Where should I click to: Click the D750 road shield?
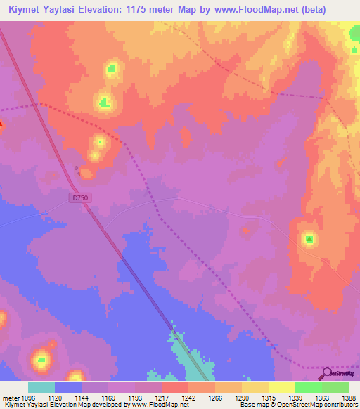(79, 199)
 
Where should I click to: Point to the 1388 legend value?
(340, 397)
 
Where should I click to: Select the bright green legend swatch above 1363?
(308, 387)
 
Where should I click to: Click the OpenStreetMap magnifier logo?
(328, 373)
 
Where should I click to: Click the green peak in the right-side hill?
(309, 240)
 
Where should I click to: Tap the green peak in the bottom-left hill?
(41, 361)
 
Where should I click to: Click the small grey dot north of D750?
(77, 167)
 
